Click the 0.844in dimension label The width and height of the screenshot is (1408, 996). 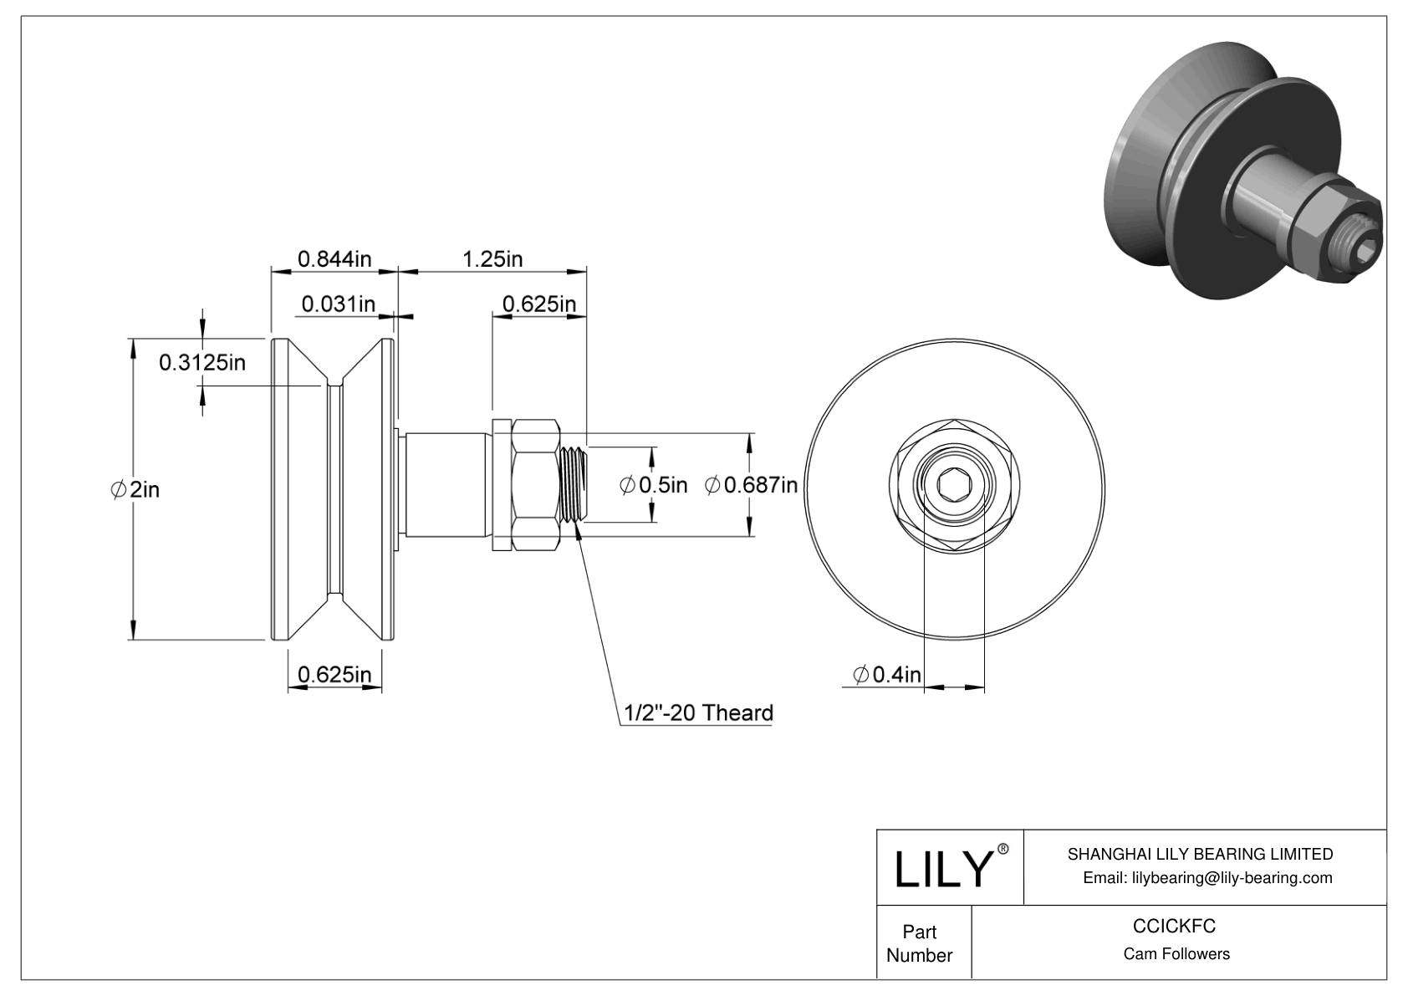click(x=334, y=258)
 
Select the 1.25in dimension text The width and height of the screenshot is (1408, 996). click(x=492, y=258)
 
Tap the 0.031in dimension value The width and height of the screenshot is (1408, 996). click(x=338, y=303)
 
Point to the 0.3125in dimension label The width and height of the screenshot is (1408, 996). click(x=202, y=361)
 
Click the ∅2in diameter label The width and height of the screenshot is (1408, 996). click(x=135, y=489)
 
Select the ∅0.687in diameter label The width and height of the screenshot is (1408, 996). click(x=751, y=484)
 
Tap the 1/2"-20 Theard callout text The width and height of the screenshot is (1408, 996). click(x=698, y=713)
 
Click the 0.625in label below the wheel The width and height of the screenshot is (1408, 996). click(x=334, y=674)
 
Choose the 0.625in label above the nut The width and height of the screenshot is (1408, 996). click(x=538, y=303)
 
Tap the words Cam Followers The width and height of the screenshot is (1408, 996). click(x=1176, y=954)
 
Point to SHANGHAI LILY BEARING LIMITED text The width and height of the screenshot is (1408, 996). click(x=1200, y=854)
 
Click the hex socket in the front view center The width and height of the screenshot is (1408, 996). click(x=954, y=485)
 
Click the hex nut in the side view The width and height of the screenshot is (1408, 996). click(x=535, y=485)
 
